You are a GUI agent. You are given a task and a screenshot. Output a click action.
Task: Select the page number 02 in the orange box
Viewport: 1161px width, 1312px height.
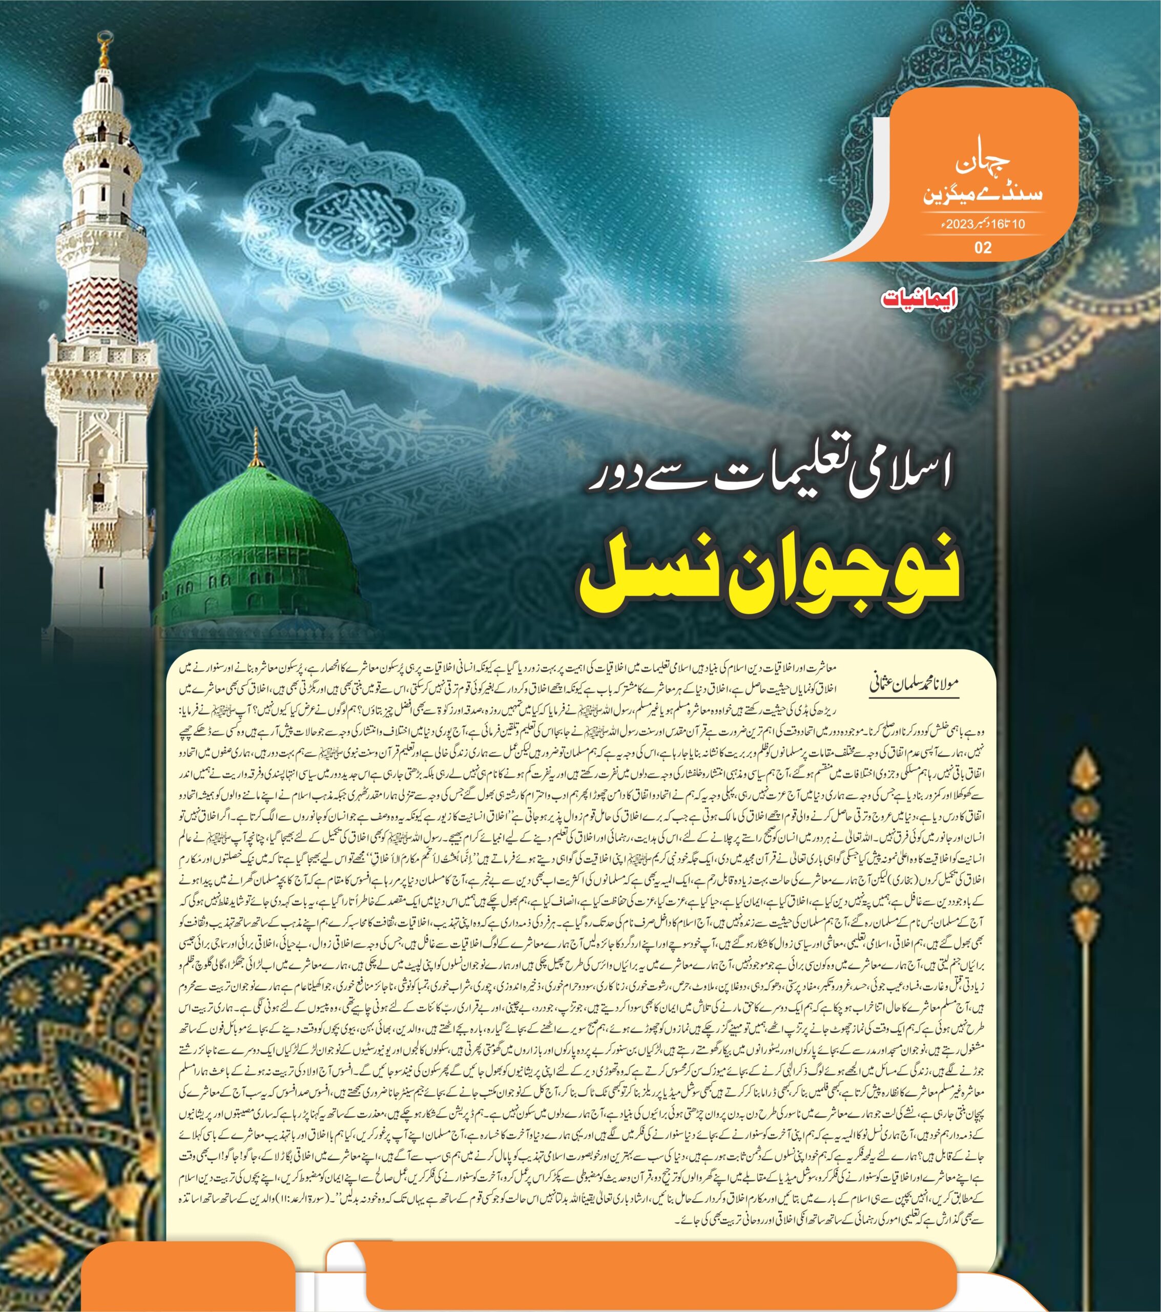pos(983,247)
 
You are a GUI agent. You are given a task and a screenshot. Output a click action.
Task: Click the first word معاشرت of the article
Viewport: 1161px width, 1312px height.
pos(842,667)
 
